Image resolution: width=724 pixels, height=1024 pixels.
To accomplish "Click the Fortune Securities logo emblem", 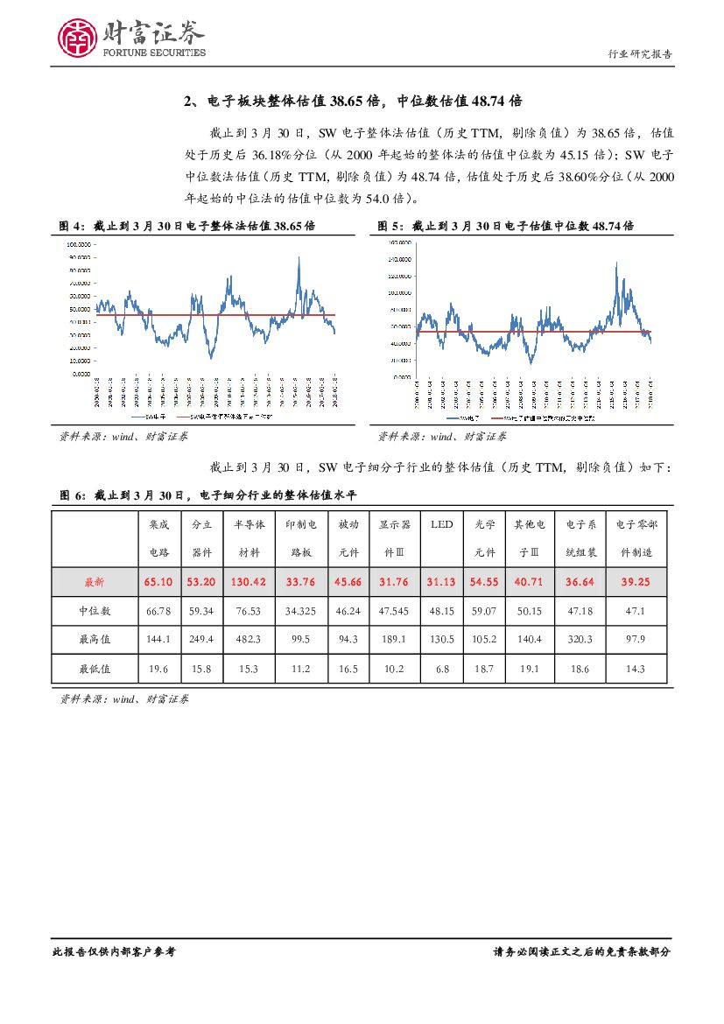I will coord(77,37).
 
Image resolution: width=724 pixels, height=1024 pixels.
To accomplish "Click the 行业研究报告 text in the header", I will coord(640,53).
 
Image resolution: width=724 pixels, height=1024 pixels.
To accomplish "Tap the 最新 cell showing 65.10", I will coord(158,581).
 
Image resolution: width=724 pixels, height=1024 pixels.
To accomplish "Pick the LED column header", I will coord(441,524).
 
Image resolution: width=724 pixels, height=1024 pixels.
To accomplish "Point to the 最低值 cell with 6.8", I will coord(441,669).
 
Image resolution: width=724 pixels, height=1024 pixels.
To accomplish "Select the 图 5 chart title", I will coord(505,226).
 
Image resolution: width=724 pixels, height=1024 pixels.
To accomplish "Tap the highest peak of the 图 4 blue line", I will coord(299,257).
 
